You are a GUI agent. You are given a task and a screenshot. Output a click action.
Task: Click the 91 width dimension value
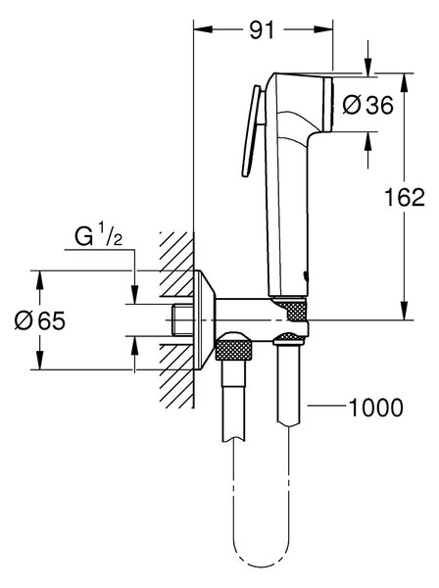point(262,30)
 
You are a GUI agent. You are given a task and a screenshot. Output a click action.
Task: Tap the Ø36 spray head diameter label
point(368,105)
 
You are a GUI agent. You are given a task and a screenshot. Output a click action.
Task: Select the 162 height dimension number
point(405,197)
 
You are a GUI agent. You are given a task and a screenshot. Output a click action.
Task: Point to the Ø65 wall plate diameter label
point(40,320)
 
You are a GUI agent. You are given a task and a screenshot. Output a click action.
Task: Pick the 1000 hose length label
point(376,407)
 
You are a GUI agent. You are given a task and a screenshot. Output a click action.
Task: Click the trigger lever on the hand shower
point(251,131)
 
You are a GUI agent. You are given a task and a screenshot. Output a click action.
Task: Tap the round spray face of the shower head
point(328,104)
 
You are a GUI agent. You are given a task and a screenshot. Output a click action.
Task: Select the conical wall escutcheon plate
point(205,319)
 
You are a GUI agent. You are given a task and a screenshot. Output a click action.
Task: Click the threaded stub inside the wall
point(182,319)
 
